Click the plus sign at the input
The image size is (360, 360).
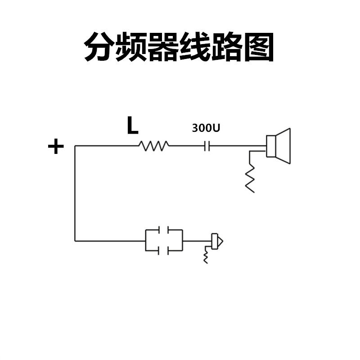click(56, 147)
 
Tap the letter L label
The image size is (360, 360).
click(132, 126)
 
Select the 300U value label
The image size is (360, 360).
click(206, 128)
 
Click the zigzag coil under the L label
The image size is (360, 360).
click(153, 146)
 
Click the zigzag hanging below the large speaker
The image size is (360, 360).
click(250, 178)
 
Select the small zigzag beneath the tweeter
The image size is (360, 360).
click(206, 256)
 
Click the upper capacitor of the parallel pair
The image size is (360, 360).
click(164, 230)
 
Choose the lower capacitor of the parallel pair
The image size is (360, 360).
click(164, 250)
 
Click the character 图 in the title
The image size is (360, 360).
click(258, 46)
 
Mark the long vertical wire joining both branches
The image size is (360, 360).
click(75, 193)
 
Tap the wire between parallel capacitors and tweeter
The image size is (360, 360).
click(196, 241)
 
